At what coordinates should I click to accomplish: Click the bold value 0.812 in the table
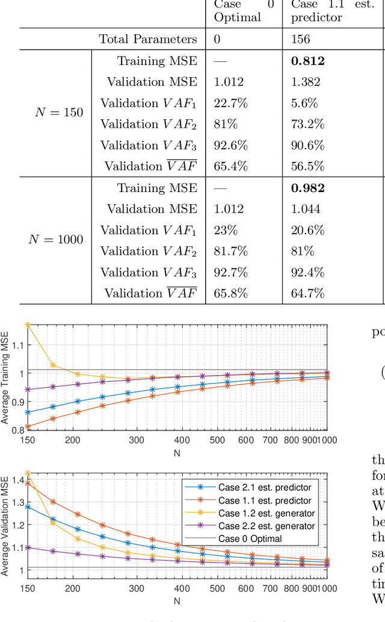point(307,61)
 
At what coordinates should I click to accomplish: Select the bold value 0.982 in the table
point(307,188)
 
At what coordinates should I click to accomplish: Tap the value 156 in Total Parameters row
point(300,39)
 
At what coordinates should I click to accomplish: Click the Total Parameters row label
point(148,39)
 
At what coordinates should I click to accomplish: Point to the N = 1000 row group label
point(55,240)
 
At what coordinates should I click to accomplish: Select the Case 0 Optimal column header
point(237,11)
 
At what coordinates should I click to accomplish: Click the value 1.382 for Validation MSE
point(307,82)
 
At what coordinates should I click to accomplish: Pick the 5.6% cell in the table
point(304,103)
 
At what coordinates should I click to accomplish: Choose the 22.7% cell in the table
point(231,103)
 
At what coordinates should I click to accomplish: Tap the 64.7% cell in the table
point(307,293)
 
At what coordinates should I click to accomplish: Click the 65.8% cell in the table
point(231,293)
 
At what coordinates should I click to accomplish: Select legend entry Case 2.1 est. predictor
point(264,487)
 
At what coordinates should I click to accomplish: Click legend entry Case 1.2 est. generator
point(265,513)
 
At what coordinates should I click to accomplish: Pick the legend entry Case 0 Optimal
point(250,538)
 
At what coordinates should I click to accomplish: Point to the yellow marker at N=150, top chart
point(28,325)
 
